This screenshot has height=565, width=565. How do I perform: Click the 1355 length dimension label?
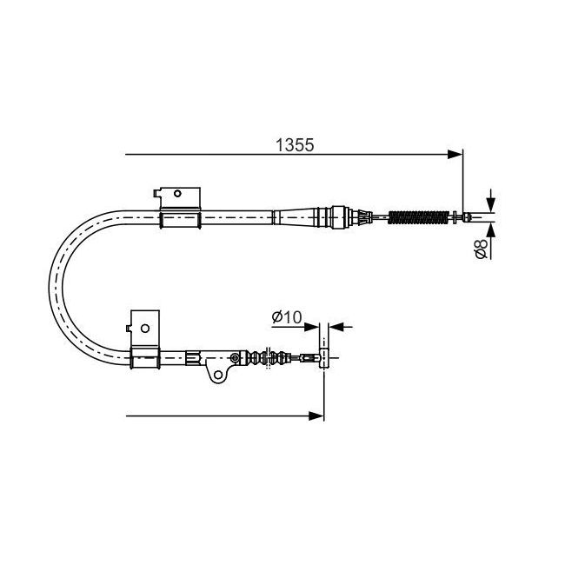(295, 145)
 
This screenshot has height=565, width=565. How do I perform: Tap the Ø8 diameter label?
(482, 249)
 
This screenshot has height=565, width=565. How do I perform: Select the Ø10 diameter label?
(287, 317)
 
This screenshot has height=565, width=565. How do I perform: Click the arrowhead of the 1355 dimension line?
(455, 155)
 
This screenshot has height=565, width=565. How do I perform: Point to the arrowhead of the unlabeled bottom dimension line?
(316, 416)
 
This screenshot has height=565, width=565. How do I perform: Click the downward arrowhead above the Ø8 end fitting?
(490, 204)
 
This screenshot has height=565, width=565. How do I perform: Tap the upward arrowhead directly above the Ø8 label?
(490, 230)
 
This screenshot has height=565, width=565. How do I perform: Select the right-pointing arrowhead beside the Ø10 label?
(312, 327)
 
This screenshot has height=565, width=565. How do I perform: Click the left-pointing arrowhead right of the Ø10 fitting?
(336, 327)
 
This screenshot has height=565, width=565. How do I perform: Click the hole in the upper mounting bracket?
(177, 194)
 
